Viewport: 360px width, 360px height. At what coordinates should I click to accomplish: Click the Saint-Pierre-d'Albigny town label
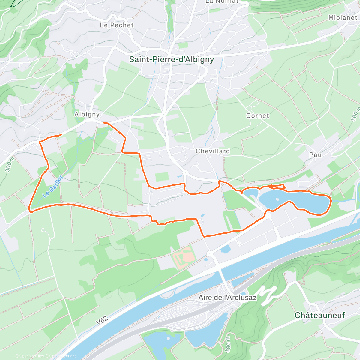[172, 59]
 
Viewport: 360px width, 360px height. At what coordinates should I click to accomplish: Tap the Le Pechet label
[117, 25]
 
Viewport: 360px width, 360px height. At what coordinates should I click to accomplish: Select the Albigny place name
[87, 114]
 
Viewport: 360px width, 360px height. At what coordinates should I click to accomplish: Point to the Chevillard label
[213, 151]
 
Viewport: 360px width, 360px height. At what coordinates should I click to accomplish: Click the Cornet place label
[258, 116]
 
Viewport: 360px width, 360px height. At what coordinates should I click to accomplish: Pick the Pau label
[315, 155]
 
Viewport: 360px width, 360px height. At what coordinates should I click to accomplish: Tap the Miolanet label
[343, 18]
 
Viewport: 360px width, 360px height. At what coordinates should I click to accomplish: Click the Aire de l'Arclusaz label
[228, 298]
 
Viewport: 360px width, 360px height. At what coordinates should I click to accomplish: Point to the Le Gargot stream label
[53, 187]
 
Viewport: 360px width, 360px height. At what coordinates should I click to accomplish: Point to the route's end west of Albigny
[61, 135]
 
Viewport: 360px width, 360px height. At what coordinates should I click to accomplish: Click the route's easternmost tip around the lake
[331, 201]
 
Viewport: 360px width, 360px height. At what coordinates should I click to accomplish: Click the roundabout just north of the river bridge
[209, 254]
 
